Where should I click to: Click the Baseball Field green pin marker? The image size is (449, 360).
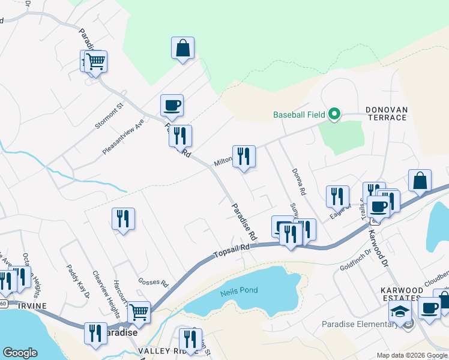(x=334, y=113)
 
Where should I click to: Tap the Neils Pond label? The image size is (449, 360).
(x=239, y=290)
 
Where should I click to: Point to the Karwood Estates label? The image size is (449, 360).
(x=402, y=294)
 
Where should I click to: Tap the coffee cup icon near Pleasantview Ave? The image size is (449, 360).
(x=172, y=105)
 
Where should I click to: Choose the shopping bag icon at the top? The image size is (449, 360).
(x=182, y=47)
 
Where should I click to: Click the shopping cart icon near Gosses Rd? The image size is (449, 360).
(x=139, y=311)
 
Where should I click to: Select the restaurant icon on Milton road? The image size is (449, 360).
(x=244, y=157)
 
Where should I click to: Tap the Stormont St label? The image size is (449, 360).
(x=109, y=115)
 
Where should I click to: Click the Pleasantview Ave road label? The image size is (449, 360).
(x=124, y=136)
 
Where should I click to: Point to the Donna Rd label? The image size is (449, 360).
(x=299, y=182)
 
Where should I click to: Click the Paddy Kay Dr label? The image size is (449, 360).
(x=78, y=281)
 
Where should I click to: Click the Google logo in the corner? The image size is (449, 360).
(x=20, y=353)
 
